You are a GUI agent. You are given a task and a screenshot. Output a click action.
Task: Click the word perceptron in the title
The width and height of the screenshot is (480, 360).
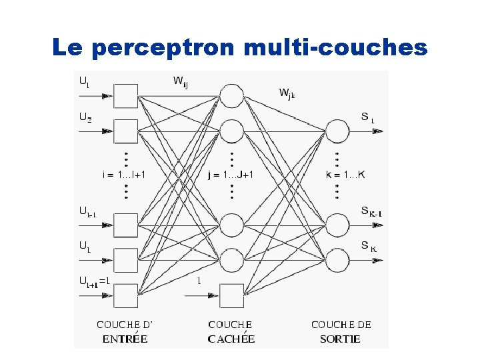pyautogui.click(x=164, y=48)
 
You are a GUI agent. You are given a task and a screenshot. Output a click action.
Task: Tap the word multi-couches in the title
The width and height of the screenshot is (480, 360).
pyautogui.click(x=336, y=48)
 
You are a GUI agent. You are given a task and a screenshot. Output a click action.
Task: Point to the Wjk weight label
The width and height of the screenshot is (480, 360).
pyautogui.click(x=287, y=93)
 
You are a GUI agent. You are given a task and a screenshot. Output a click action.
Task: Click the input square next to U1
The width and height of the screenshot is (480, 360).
pyautogui.click(x=126, y=96)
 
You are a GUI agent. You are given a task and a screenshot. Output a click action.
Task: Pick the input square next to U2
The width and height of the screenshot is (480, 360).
pyautogui.click(x=126, y=131)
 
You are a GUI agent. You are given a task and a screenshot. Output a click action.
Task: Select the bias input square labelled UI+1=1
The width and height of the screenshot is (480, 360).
pyautogui.click(x=126, y=293)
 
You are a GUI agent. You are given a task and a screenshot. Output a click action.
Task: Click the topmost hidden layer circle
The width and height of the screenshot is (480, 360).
pyautogui.click(x=231, y=96)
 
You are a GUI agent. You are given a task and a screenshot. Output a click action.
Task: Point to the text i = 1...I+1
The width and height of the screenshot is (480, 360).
pyautogui.click(x=124, y=175)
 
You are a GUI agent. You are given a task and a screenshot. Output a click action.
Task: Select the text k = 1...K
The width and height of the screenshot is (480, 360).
pyautogui.click(x=345, y=175)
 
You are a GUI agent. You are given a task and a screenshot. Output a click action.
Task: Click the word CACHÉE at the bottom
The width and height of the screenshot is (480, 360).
pyautogui.click(x=231, y=339)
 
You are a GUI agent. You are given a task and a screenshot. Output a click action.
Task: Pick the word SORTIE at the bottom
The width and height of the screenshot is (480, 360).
pyautogui.click(x=340, y=339)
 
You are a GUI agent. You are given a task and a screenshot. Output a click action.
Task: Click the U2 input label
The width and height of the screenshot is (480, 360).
pyautogui.click(x=86, y=117)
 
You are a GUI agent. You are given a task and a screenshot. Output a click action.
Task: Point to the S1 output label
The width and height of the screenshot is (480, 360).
pyautogui.click(x=367, y=118)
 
